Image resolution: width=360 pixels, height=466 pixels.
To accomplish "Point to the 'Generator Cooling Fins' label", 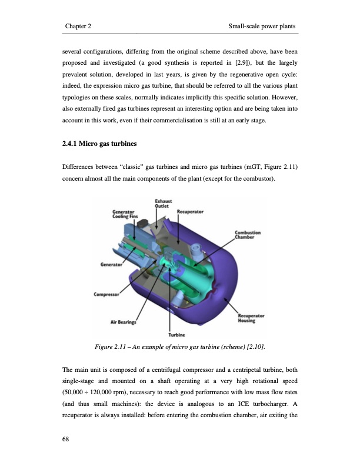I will click(x=125, y=214).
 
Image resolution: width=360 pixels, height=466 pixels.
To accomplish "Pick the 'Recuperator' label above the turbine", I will click(x=191, y=211).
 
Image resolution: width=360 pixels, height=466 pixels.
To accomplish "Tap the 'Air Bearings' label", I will click(x=124, y=322).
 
